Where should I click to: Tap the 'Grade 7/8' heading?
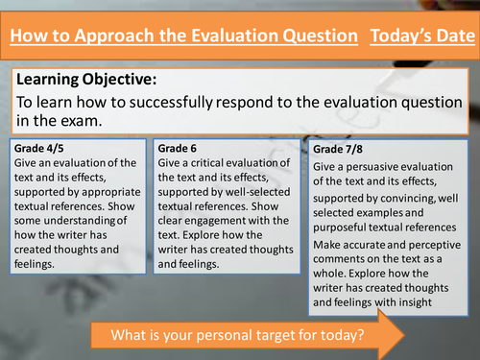pos(342,150)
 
